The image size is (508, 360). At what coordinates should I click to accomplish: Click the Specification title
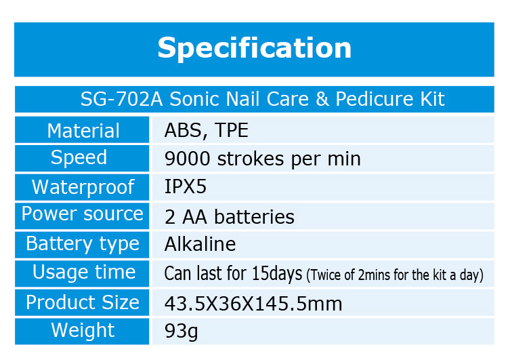254,48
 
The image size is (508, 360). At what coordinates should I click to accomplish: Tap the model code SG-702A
121,99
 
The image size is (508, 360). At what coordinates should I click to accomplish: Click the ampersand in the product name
322,99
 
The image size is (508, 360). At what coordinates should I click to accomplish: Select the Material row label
83,131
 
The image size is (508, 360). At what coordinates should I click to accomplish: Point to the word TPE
232,130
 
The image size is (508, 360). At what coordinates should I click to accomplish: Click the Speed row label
79,158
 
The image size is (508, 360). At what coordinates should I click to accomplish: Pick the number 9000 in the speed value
187,159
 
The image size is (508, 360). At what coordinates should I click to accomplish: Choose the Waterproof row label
83,187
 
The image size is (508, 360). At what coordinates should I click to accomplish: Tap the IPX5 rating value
186,187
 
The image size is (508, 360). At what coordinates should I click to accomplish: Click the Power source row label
82,214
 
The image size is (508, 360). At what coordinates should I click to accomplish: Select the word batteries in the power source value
254,217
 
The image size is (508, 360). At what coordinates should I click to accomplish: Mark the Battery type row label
83,244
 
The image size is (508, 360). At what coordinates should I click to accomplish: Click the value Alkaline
200,244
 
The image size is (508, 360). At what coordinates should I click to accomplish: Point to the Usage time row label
84,272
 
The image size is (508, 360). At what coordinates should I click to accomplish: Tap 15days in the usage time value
277,274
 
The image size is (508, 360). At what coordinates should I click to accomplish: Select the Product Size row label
83,302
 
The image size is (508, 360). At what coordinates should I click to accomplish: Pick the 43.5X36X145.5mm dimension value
253,304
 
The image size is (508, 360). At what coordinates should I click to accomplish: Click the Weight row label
83,331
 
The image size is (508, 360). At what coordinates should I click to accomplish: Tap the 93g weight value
181,332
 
